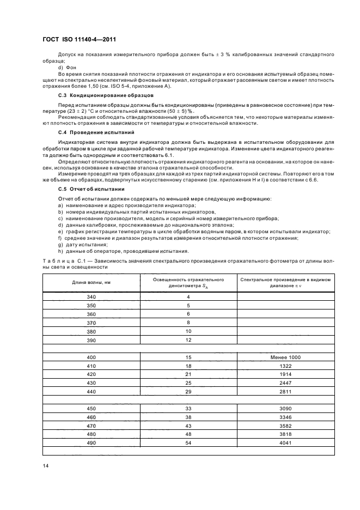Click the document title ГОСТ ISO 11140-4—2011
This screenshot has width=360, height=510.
tap(78, 39)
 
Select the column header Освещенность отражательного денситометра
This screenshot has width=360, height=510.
tap(188, 282)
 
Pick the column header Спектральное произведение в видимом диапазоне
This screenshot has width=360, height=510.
tap(285, 282)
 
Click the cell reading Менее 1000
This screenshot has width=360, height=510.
tap(285, 357)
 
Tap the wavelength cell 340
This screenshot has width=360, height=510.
tap(91, 296)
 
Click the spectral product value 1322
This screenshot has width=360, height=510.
tap(285, 366)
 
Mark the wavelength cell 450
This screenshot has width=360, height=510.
tap(91, 409)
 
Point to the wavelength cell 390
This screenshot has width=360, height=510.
tap(91, 340)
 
